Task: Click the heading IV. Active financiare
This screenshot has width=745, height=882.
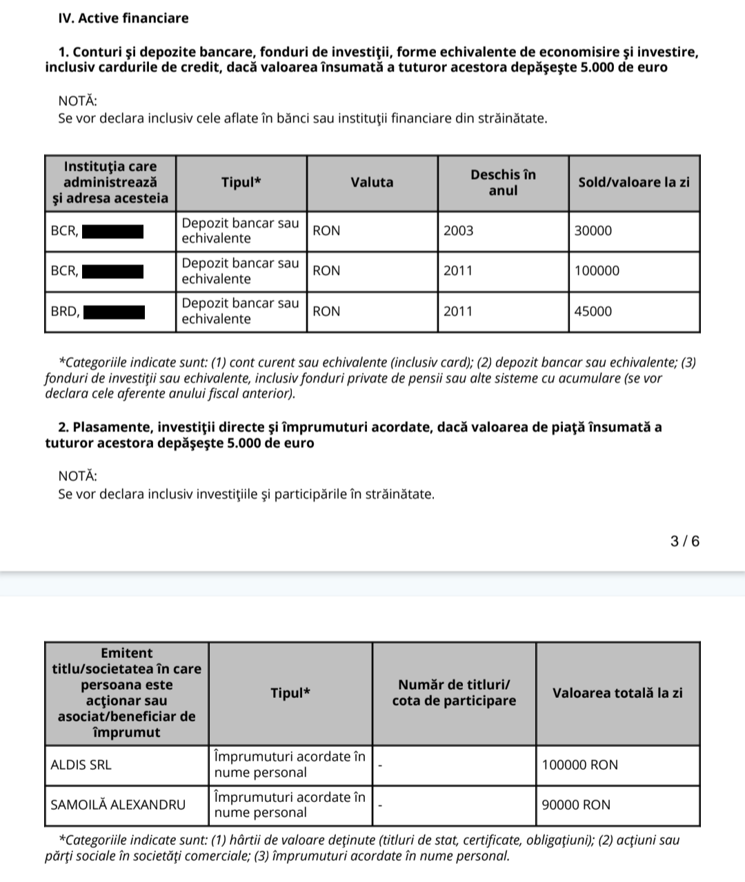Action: (123, 19)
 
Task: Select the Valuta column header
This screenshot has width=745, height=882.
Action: (372, 183)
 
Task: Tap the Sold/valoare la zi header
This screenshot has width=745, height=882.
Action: (633, 183)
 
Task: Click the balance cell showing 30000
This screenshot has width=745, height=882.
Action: (593, 231)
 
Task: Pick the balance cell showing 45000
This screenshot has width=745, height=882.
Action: (593, 312)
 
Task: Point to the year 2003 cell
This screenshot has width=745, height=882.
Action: (459, 231)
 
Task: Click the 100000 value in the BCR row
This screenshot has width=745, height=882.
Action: (597, 271)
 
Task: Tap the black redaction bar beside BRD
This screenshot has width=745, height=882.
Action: (114, 312)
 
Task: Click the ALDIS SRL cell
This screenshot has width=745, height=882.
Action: (81, 765)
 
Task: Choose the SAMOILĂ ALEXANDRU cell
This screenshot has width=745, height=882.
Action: (118, 805)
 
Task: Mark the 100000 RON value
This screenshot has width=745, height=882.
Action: (580, 765)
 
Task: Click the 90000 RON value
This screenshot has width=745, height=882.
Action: (576, 805)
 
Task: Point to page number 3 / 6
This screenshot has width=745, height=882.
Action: (685, 541)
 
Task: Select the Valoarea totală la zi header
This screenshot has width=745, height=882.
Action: (617, 693)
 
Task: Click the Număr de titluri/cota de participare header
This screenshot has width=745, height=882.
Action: (454, 693)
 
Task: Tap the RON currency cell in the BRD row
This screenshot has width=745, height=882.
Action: (326, 312)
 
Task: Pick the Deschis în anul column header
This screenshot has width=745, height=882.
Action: (503, 183)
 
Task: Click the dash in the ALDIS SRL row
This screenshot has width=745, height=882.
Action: (380, 765)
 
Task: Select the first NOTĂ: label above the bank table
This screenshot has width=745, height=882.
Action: (78, 101)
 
